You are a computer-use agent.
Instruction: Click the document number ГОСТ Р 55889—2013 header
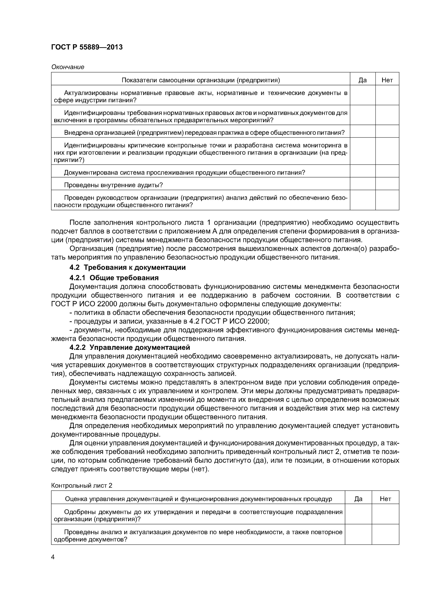[87, 47]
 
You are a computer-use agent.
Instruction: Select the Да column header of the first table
[362, 80]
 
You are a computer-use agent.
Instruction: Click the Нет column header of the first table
[387, 80]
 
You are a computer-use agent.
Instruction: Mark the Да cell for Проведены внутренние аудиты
[362, 184]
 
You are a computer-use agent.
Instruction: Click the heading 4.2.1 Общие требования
[114, 278]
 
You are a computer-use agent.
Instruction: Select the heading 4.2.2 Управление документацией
[130, 347]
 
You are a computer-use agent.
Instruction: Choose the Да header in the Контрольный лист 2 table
[358, 499]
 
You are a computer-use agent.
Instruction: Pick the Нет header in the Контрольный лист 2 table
[385, 499]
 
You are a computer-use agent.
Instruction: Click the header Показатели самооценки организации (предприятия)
[201, 80]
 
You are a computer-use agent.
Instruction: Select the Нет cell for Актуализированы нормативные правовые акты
[387, 95]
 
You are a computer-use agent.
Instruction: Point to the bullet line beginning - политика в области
[212, 312]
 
